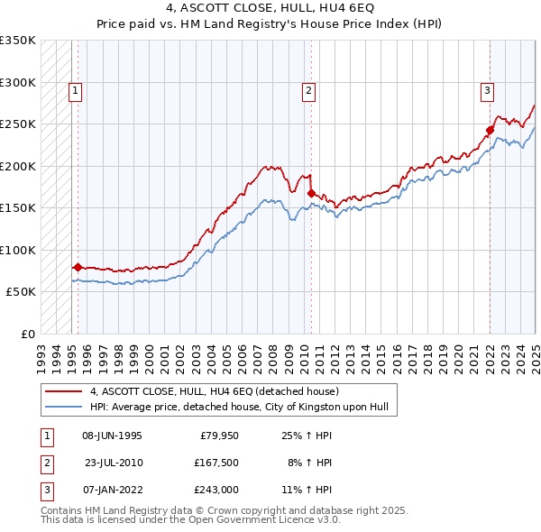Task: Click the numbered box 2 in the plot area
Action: [308, 90]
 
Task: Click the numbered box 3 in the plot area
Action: [487, 90]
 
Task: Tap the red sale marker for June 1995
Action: [78, 267]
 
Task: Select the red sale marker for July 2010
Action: [311, 193]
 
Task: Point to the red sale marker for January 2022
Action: [491, 130]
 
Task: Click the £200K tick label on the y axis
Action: [17, 166]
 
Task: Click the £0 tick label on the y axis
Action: [26, 334]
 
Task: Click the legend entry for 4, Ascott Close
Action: [214, 391]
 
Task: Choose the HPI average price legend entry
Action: [238, 407]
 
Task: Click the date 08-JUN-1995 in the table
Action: [112, 436]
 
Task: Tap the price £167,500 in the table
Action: [215, 463]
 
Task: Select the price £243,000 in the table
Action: [215, 489]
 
